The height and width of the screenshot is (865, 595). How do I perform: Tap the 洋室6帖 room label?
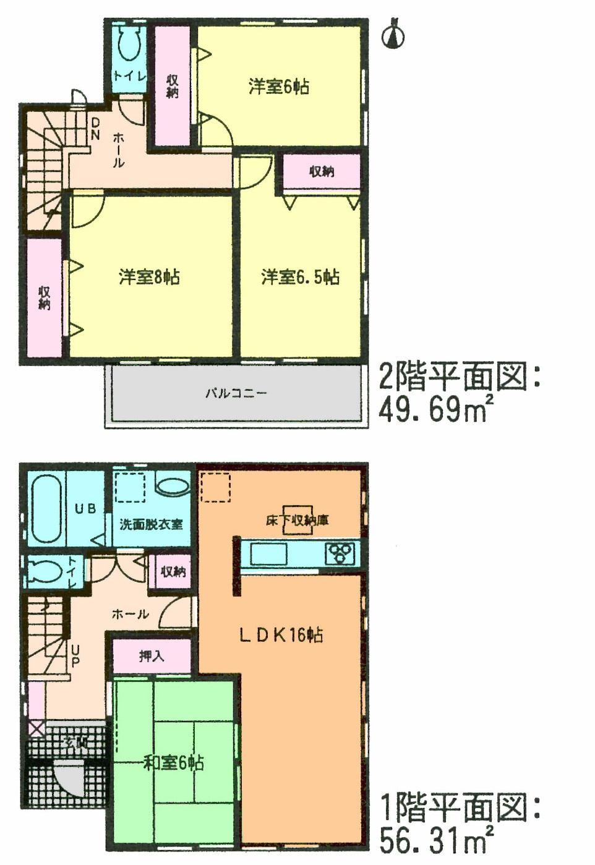pos(279,87)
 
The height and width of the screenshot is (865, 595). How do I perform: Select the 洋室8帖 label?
pos(149,276)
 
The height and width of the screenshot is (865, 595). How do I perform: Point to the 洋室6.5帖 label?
pos(300,276)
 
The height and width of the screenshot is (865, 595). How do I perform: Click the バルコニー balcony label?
pos(236,393)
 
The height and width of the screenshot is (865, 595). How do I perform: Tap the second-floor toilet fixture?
pos(130,43)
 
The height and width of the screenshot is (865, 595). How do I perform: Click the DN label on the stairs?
pos(95,129)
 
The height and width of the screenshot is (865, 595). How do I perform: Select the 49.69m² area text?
pos(435,409)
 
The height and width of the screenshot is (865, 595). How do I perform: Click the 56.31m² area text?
pos(435,839)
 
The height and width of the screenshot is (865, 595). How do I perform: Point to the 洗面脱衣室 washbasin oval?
pos(173,485)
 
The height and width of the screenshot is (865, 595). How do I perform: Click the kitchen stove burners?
pos(340,553)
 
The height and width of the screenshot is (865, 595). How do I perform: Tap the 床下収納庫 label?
pos(297,521)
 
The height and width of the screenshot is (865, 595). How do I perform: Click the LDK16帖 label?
pos(281,635)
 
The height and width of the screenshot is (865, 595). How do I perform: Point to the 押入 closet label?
pos(151,656)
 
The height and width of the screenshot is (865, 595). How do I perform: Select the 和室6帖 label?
pos(173,762)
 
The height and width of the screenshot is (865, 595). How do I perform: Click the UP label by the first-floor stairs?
pos(75,656)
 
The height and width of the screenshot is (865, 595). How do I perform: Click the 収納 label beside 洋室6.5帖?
pos(322,171)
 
